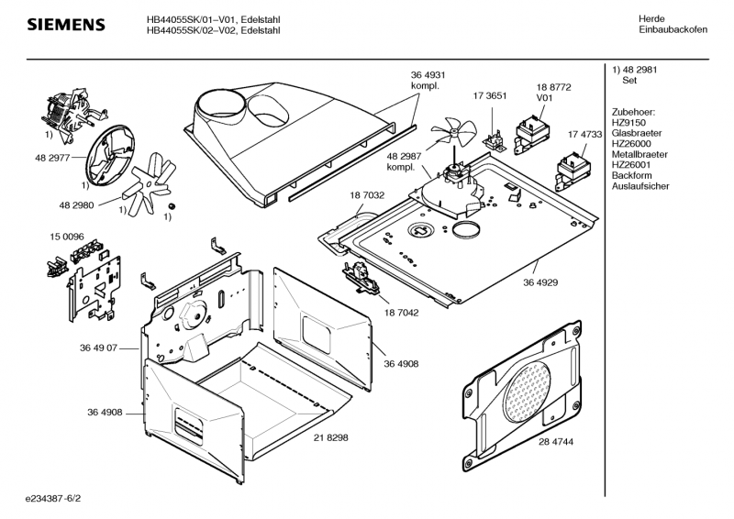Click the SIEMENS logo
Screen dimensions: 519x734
64,24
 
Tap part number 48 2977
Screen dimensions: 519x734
52,159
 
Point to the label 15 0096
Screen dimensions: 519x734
66,237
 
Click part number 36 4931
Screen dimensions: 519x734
428,75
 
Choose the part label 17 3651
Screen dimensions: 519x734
490,95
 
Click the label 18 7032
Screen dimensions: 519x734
366,195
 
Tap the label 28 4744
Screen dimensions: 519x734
556,441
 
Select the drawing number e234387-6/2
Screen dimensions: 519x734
60,502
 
